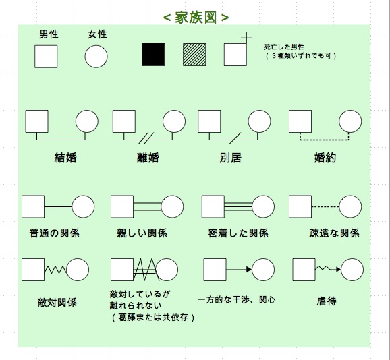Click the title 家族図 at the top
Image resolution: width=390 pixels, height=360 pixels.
pos(196,18)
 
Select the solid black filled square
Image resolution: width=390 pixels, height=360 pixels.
pos(153,55)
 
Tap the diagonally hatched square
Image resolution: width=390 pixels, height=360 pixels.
pos(194,55)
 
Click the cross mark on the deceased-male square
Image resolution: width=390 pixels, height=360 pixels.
pos(246,38)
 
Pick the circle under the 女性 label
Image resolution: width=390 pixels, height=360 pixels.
pos(96,57)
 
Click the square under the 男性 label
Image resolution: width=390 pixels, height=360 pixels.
pos(46,57)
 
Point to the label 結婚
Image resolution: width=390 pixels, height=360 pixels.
pos(65,158)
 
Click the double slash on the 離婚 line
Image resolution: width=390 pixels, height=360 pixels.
pos(146,138)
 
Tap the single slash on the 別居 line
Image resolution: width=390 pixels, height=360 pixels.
pos(235,138)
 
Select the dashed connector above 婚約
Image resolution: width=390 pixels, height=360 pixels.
pos(325,140)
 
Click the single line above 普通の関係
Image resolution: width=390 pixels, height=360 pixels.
pos(58,207)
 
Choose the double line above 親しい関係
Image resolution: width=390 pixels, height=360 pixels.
pos(147,207)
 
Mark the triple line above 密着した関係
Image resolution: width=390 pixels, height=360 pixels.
pos(238,207)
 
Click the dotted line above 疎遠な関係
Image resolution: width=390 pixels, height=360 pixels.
pos(325,207)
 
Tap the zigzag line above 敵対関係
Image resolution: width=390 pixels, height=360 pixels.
pos(55,270)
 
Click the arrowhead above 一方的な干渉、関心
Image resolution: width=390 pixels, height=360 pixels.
pos(249,270)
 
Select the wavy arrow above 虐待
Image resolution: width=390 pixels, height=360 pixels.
pos(328,268)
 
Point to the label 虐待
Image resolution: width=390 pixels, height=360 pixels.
pos(327,301)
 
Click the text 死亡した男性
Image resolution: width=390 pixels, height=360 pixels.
pos(284,47)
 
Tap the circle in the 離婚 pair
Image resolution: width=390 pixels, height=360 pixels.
pos(174,121)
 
